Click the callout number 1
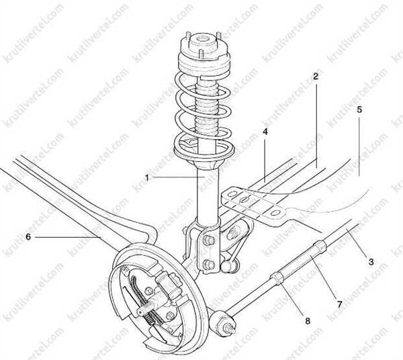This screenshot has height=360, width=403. click(x=146, y=178)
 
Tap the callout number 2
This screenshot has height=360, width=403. click(x=316, y=76)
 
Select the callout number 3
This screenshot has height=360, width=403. click(x=371, y=262)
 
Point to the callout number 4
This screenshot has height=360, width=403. click(x=265, y=132)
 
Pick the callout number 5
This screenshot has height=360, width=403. click(x=359, y=109)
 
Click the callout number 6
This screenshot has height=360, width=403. click(x=28, y=237)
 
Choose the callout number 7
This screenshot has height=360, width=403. click(x=340, y=305)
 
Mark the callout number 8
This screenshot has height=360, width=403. click(x=308, y=321)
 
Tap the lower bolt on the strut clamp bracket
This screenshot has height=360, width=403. click(x=208, y=264)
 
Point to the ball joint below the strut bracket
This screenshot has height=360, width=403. click(x=227, y=266)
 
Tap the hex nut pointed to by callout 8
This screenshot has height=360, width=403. click(x=276, y=279)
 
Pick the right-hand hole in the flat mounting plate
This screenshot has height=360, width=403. click(x=275, y=213)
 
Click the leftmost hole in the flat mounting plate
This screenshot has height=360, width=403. click(x=232, y=193)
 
